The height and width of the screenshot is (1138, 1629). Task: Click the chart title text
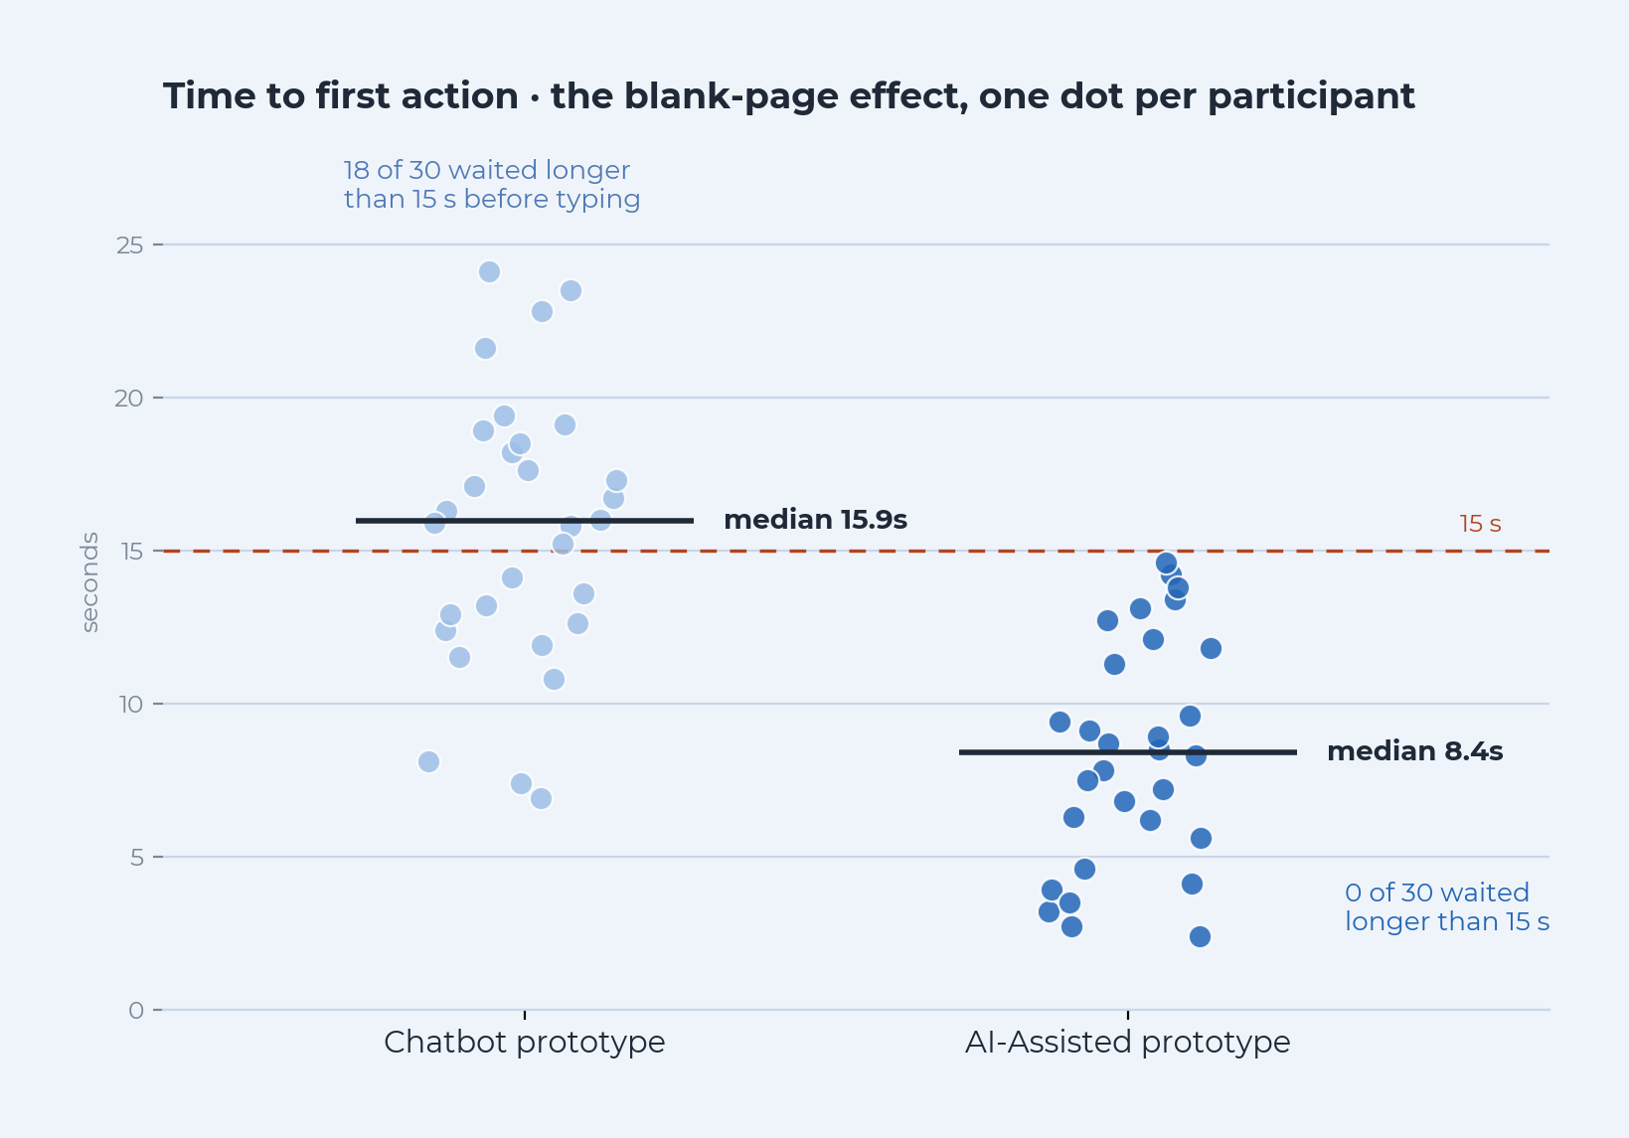789,96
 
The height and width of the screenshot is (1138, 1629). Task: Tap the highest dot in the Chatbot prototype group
489,272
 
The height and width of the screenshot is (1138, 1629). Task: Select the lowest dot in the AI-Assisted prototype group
1200,936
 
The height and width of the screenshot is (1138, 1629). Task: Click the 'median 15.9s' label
815,520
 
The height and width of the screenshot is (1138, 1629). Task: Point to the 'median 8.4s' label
1414,751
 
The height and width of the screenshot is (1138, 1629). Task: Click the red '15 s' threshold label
1480,524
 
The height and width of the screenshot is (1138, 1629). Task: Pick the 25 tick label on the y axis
129,245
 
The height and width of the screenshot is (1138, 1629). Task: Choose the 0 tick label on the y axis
136,1011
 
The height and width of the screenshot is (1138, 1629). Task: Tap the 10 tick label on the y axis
131,705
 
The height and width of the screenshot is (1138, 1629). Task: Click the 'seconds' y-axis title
88,582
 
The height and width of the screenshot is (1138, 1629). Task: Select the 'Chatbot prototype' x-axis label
525,1043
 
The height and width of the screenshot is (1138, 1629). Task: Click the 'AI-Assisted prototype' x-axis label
1128,1043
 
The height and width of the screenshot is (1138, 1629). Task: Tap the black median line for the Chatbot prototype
525,521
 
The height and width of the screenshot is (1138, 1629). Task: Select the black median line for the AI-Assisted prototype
1128,752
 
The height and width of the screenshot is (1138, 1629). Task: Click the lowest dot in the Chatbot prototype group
541,798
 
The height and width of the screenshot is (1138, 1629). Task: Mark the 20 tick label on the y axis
129,399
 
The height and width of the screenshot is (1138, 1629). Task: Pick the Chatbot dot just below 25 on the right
570,291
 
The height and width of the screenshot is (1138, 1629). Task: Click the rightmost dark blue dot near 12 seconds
1211,648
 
